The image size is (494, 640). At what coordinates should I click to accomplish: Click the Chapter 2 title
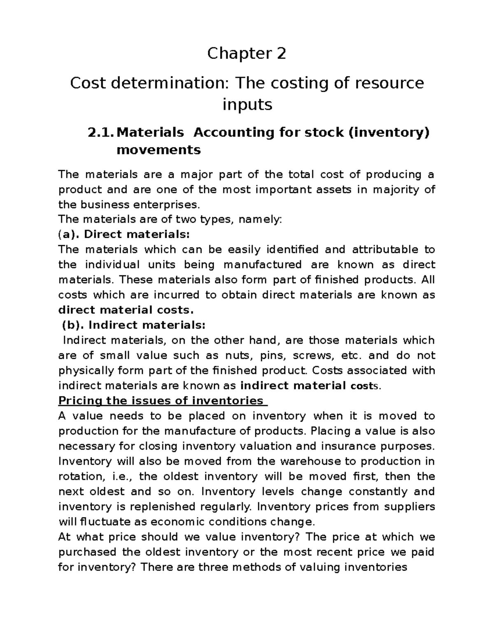pos(246,54)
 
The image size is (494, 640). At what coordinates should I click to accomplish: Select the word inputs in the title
pos(247,105)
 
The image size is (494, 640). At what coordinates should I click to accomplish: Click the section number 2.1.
pos(101,132)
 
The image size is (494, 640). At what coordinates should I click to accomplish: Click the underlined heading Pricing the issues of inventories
pos(161,401)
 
